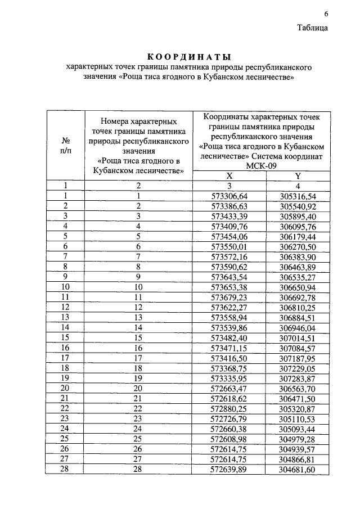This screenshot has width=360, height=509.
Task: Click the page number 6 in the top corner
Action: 325,14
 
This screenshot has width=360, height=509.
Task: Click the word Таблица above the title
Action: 313,28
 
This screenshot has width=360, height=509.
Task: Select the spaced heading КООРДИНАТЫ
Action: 189,56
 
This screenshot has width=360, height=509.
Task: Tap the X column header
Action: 229,175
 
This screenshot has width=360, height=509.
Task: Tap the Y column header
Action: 298,175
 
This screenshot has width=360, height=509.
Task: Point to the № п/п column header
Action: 65,145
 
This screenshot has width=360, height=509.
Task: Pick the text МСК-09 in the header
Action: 262,166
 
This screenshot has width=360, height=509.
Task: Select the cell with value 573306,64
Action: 229,196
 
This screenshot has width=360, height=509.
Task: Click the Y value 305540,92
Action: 298,206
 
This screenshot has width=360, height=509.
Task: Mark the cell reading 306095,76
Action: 298,226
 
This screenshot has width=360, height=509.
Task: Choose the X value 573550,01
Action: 229,246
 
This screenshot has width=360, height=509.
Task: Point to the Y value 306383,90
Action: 298,256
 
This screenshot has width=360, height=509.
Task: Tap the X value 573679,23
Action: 229,297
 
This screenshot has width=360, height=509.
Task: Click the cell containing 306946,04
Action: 298,327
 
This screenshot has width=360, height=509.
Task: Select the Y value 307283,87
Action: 298,377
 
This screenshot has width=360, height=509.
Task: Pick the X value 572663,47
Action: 229,388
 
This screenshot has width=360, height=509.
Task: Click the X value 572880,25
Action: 229,408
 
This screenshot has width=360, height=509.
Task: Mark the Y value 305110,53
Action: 298,418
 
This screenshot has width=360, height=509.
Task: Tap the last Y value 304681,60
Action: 298,469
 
